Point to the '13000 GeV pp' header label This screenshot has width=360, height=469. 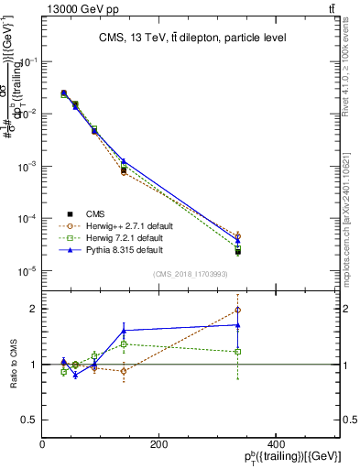click(x=74, y=8)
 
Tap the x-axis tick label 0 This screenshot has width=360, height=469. click(x=43, y=444)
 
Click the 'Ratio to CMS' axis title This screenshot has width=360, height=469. click(x=13, y=365)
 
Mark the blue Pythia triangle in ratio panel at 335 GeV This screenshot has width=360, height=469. click(x=238, y=324)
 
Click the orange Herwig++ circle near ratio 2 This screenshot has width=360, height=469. click(x=238, y=310)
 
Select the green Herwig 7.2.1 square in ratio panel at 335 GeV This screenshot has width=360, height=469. click(x=238, y=352)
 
